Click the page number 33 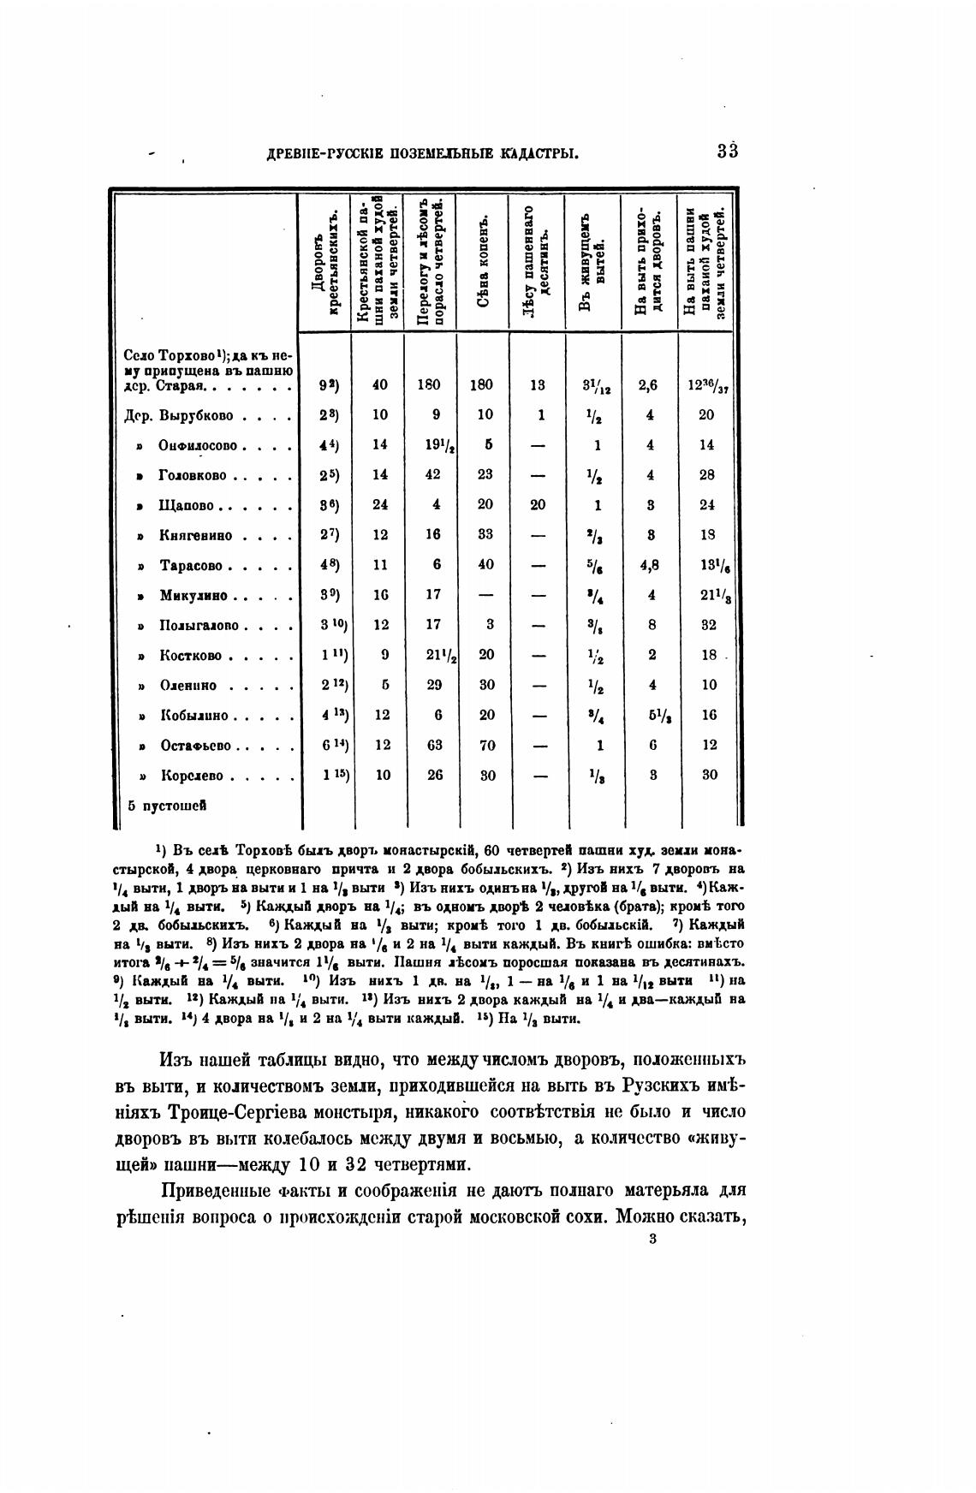[728, 152]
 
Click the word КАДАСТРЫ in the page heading [538, 155]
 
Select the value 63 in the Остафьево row [434, 746]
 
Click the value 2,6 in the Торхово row [650, 386]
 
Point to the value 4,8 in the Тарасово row [651, 566]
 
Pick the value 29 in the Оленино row [435, 686]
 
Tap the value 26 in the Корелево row [434, 776]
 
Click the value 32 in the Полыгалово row [708, 626]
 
